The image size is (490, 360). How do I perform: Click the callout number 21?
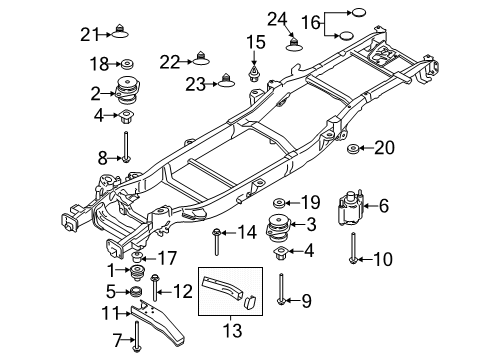click(90, 35)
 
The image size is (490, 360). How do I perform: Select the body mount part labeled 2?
click(127, 91)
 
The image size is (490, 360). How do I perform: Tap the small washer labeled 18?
click(127, 64)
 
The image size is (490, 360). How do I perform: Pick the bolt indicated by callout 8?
click(126, 147)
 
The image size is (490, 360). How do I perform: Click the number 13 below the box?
click(232, 330)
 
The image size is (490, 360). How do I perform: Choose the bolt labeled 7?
click(136, 336)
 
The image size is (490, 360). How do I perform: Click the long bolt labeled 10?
click(353, 248)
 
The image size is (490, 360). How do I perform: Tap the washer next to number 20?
click(353, 149)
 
